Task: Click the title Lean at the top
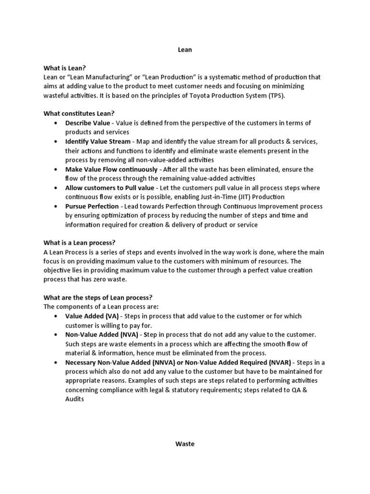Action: click(185, 50)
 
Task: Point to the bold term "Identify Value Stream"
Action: click(98, 141)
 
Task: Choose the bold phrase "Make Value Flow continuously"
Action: click(111, 169)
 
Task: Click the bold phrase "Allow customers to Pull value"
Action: click(110, 188)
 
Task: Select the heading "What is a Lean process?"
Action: click(80, 242)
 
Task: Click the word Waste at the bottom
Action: click(185, 444)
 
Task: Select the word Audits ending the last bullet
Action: click(75, 399)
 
